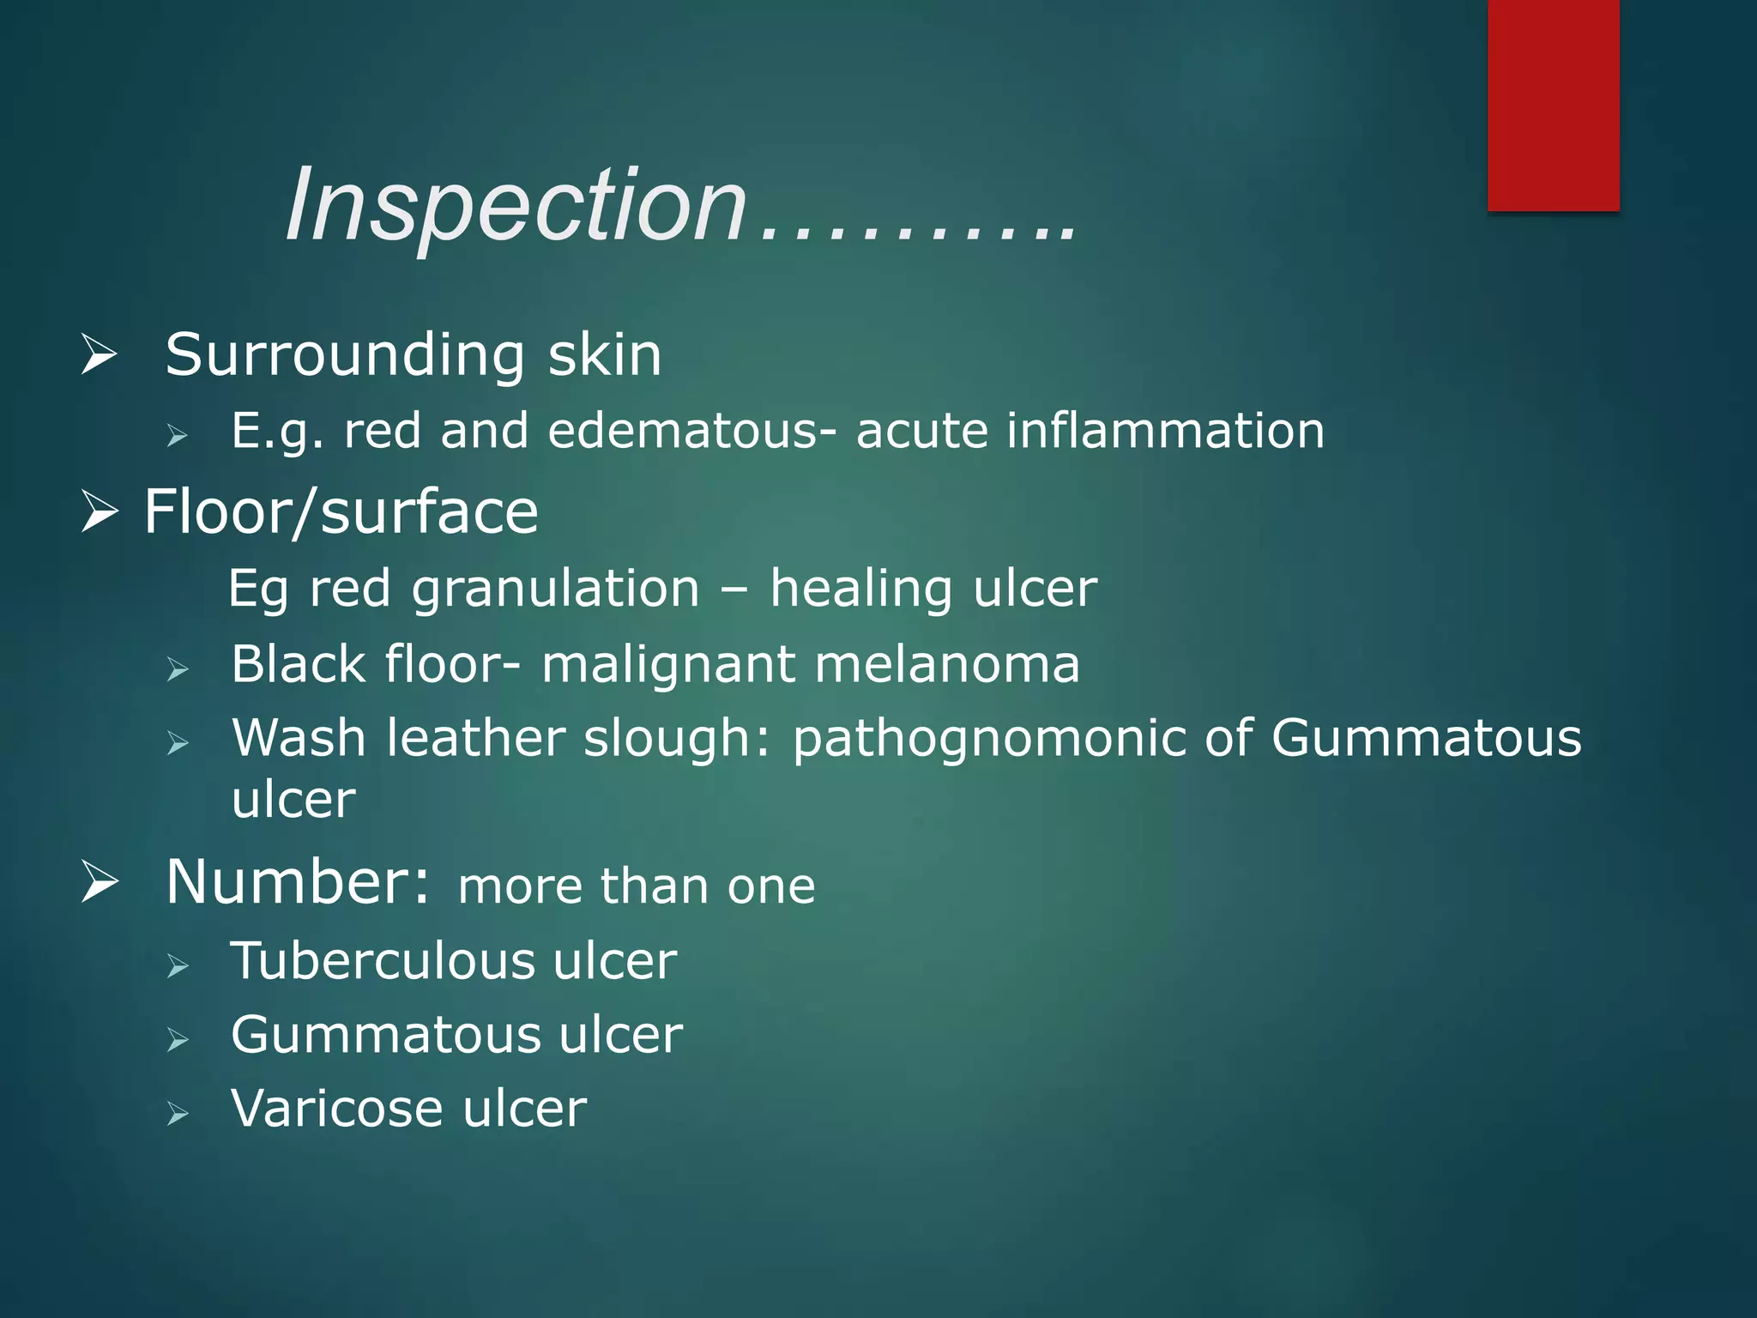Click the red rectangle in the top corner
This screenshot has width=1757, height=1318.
[1553, 105]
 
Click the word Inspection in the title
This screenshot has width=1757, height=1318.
[516, 206]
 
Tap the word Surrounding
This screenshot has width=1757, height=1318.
[345, 354]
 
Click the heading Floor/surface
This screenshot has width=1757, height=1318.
[341, 512]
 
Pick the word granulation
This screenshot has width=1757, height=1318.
[555, 589]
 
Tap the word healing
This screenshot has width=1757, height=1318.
[860, 589]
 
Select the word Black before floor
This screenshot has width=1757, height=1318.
[298, 664]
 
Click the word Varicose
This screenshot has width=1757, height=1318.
[336, 1108]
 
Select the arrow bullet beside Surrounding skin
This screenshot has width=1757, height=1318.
[100, 354]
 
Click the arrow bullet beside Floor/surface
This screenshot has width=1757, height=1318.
[100, 512]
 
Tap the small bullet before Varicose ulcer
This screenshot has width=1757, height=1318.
[178, 1114]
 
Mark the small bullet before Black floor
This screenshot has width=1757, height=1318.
[178, 668]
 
